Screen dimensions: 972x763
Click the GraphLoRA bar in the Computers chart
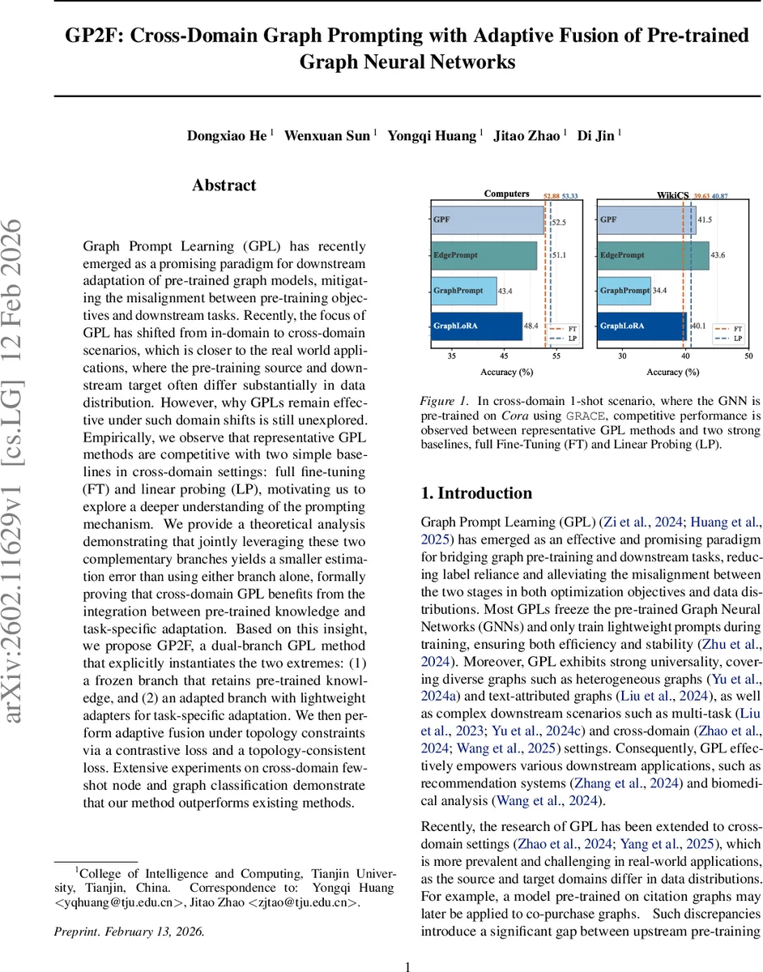point(476,325)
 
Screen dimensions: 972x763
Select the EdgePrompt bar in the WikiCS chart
point(652,254)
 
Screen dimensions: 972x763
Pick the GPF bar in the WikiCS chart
point(646,220)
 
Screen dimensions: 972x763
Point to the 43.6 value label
point(718,254)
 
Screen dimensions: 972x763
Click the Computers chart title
point(506,194)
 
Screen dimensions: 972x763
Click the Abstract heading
point(224,185)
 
